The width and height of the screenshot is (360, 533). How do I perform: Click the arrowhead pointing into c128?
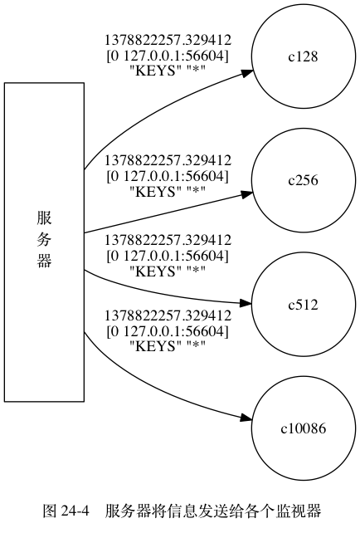click(x=247, y=73)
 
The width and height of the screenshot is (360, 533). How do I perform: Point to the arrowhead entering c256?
click(x=247, y=194)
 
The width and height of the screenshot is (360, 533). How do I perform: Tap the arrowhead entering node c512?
click(x=246, y=303)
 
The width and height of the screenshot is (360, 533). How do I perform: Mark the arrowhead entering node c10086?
click(x=246, y=418)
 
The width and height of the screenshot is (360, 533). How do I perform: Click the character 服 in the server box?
click(x=44, y=218)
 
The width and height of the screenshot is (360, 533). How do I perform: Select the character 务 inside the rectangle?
click(x=44, y=240)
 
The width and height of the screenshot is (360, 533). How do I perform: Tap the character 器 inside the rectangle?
click(x=44, y=261)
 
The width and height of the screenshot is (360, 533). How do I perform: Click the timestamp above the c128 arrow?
click(x=168, y=40)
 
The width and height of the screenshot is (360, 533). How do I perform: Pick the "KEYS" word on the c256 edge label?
click(x=156, y=192)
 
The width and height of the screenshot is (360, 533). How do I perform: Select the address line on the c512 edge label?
click(x=168, y=256)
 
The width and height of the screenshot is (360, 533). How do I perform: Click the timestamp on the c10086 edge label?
click(x=168, y=315)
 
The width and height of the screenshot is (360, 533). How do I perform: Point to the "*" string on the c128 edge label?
click(x=196, y=71)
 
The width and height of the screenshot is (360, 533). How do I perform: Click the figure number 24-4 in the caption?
click(x=75, y=511)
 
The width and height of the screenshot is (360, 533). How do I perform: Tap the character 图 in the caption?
click(x=50, y=511)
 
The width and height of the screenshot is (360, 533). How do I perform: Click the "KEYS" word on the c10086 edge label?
click(x=156, y=346)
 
